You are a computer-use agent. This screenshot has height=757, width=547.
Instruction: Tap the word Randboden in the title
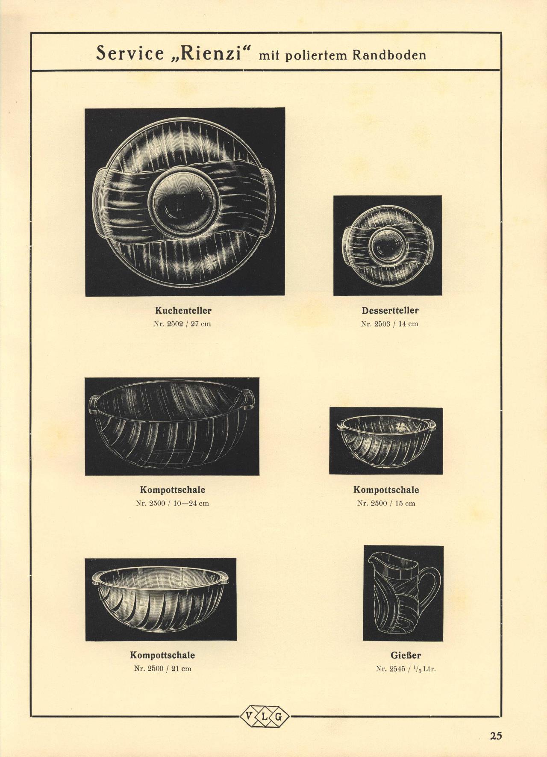click(389, 55)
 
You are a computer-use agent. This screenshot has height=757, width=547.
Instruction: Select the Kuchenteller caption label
click(183, 310)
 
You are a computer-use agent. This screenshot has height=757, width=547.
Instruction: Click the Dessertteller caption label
click(390, 310)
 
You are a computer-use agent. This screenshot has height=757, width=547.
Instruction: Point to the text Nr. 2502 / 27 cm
click(182, 324)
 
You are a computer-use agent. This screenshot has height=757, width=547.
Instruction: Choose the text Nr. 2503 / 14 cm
click(390, 324)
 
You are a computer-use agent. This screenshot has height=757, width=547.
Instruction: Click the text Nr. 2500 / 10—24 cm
click(173, 503)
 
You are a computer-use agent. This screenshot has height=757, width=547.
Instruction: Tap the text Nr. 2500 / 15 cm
click(386, 503)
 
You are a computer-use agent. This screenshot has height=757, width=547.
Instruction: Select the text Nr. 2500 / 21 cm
click(163, 669)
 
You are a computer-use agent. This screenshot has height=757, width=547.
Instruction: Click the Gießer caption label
click(406, 655)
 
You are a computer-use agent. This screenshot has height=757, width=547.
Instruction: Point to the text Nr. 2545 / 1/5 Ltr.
click(406, 669)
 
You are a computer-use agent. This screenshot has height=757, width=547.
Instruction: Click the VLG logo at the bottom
click(265, 716)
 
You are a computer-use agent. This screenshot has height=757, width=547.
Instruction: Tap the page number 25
click(496, 735)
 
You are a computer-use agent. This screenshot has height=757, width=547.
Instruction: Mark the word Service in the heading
click(130, 53)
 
